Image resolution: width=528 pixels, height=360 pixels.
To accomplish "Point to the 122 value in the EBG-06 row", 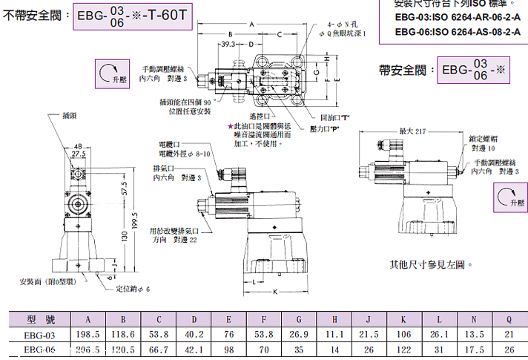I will [x=404, y=350].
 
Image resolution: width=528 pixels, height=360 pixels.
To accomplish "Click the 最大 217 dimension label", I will [x=415, y=131].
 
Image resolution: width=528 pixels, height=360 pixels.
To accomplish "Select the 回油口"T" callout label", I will [x=334, y=118].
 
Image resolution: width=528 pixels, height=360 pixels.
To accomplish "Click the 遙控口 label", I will [x=257, y=117].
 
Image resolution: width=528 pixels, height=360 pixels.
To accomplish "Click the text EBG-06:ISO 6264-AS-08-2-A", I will [x=458, y=31].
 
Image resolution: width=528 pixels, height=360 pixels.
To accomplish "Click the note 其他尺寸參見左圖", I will [x=431, y=264].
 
